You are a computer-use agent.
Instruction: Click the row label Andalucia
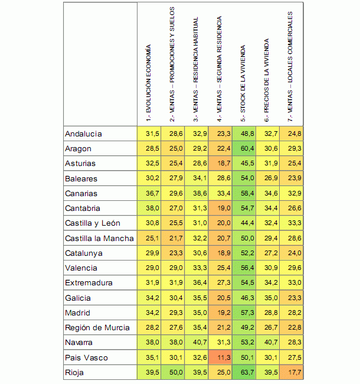point(84,134)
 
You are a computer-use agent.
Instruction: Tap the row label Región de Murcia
point(96,327)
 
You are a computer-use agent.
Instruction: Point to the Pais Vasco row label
point(87,357)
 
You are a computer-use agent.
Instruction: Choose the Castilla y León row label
point(93,223)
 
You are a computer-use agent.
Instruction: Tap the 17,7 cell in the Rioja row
point(290,372)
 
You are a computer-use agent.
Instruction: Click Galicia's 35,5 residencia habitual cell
point(196,298)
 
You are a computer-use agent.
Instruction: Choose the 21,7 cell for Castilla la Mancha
point(172,238)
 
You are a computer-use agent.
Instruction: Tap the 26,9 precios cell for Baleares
point(267,178)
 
